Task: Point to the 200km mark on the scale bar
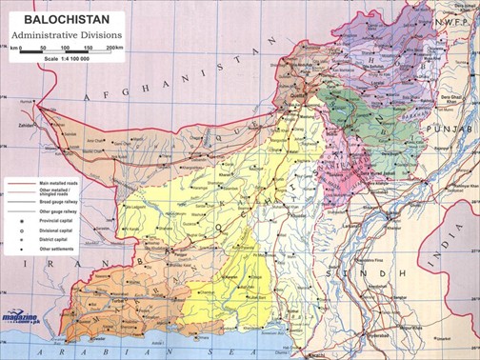(114, 47)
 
